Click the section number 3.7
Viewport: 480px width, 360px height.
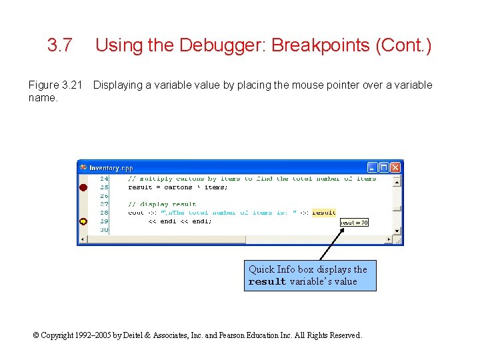59,45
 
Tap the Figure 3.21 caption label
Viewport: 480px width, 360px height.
55,85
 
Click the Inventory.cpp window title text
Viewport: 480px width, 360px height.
111,168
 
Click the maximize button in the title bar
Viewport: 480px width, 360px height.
384,167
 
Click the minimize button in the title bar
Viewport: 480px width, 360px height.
373,167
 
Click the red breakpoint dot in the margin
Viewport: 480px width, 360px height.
83,188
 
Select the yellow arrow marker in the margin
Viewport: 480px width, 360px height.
83,221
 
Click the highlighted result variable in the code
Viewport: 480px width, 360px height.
324,213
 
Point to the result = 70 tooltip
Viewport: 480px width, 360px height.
354,223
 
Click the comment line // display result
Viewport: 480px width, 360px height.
162,205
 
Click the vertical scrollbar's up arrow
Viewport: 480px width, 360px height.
397,180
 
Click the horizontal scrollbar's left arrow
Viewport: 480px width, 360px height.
83,240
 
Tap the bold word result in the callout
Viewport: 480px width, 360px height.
267,282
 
